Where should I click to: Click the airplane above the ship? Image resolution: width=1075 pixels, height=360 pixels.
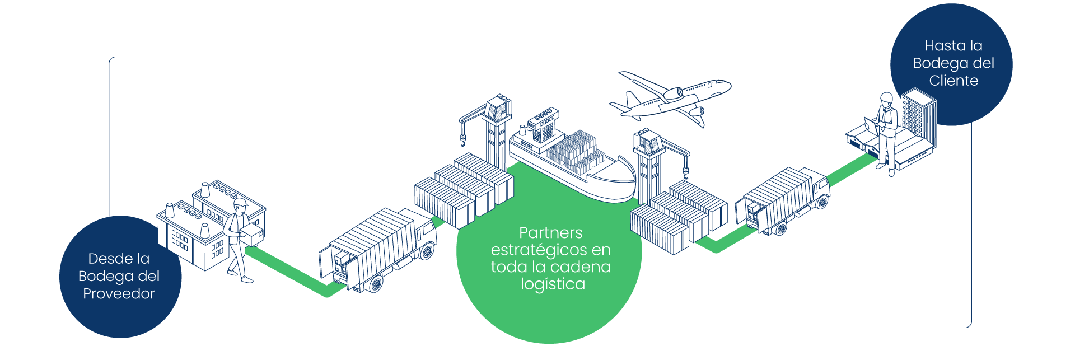tap(672, 96)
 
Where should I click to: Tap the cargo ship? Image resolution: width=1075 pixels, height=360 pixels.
tap(571, 160)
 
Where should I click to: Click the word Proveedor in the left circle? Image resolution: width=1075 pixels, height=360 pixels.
tap(119, 293)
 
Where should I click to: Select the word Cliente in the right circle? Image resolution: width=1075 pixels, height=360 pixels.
tap(954, 81)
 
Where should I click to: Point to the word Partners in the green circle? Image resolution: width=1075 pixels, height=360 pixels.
tap(550, 232)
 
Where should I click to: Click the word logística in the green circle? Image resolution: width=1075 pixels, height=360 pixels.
tap(553, 284)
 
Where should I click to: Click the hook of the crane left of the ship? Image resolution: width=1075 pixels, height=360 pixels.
tap(463, 140)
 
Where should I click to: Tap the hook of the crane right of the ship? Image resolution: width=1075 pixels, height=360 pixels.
tap(686, 168)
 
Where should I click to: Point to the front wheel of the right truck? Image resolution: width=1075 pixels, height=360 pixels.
tap(821, 202)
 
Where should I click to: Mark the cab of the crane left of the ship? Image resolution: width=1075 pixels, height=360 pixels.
tap(498, 106)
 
